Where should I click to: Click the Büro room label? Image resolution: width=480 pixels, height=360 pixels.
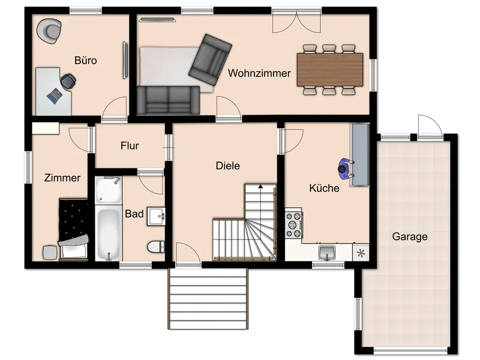pos(85,61)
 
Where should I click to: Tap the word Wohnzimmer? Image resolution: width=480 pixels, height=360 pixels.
pos(259,73)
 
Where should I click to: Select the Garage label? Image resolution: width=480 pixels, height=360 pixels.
pos(410,236)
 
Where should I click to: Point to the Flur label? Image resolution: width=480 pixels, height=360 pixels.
pos(130,145)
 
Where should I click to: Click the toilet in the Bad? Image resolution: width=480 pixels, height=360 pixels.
pos(155,247)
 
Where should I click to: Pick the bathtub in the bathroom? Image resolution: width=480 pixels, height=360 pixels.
pos(109,233)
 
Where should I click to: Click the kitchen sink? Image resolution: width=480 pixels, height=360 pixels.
pos(327,253)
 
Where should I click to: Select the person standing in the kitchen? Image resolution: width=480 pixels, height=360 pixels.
pos(346,169)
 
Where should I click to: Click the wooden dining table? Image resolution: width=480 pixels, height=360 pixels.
pos(330,70)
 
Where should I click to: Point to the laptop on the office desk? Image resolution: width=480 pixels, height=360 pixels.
pos(55,96)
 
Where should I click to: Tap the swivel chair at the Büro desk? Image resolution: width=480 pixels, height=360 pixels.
pos(68,82)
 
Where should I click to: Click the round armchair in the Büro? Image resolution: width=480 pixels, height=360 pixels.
pos(49,31)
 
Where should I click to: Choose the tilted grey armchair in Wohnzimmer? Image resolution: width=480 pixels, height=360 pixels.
pos(210,59)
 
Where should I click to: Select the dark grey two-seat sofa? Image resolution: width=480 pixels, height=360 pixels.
pos(168,100)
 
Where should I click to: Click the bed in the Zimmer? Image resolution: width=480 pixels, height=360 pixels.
pos(74,230)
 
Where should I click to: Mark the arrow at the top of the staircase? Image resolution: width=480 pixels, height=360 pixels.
pos(260,186)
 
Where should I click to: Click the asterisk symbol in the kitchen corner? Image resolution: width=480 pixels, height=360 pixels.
pos(361,253)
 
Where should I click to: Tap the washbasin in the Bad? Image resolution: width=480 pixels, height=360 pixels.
pos(157,217)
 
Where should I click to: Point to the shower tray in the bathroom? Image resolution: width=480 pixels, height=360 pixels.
pos(109,190)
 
